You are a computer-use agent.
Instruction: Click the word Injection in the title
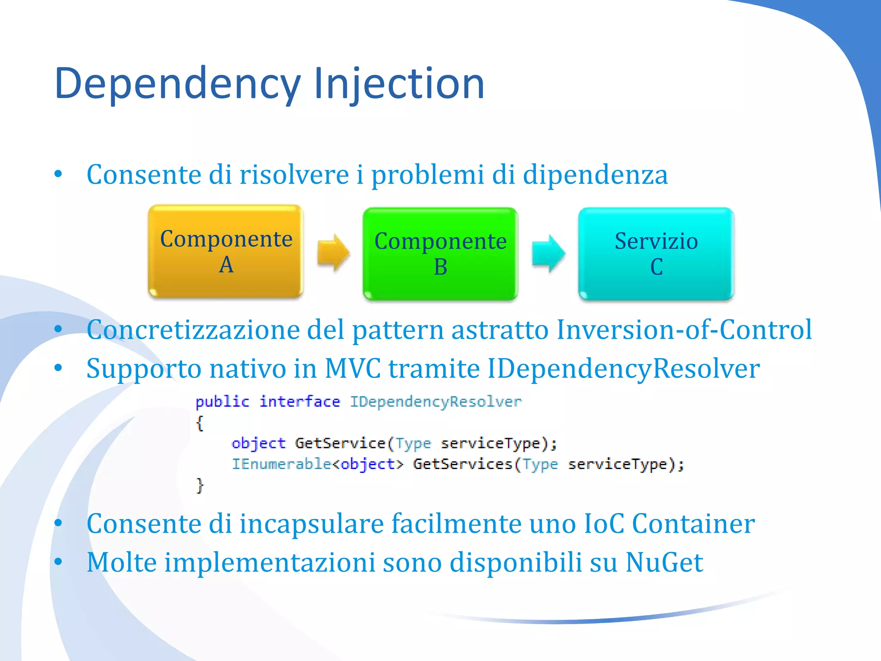pyautogui.click(x=399, y=84)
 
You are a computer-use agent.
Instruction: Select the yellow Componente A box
pyautogui.click(x=226, y=251)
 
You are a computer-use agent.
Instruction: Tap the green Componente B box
pyautogui.click(x=440, y=254)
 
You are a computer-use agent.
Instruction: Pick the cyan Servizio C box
pyautogui.click(x=656, y=254)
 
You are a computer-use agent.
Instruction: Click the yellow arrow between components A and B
pyautogui.click(x=333, y=253)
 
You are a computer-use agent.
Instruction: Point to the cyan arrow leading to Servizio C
pyautogui.click(x=548, y=254)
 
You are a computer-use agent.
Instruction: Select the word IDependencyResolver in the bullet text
pyautogui.click(x=623, y=369)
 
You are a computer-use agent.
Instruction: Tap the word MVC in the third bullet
pyautogui.click(x=352, y=369)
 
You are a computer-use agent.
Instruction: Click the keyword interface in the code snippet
pyautogui.click(x=299, y=402)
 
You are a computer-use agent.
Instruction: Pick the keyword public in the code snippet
pyautogui.click(x=222, y=402)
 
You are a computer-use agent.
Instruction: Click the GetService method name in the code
pyautogui.click(x=340, y=443)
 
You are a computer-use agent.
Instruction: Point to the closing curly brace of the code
pyautogui.click(x=200, y=485)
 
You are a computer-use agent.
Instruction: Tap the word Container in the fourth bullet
pyautogui.click(x=693, y=524)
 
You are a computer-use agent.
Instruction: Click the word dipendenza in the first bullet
pyautogui.click(x=595, y=175)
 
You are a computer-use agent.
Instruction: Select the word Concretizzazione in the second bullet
pyautogui.click(x=193, y=330)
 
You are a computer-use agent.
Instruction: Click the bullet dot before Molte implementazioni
pyautogui.click(x=59, y=562)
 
